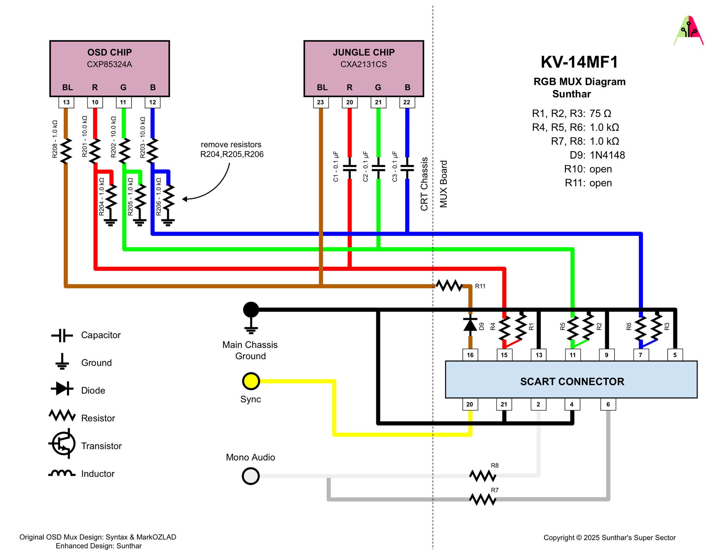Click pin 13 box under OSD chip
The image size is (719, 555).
[x=66, y=102]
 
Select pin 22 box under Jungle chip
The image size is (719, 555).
[x=407, y=102]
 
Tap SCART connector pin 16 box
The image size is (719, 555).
[x=470, y=355]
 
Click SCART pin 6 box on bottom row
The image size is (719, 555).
[x=608, y=404]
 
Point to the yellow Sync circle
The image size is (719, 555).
[x=251, y=381]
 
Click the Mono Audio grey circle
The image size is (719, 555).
[x=251, y=475]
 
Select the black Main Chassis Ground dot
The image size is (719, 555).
[x=251, y=309]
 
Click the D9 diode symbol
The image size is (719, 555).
[x=470, y=325]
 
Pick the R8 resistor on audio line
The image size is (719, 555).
[x=482, y=475]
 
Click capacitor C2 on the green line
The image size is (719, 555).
[x=378, y=168]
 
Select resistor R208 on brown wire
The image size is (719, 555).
[x=66, y=151]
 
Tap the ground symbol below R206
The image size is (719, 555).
[x=168, y=222]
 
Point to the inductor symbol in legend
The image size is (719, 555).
[x=62, y=473]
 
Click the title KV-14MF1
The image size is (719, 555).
[x=579, y=62]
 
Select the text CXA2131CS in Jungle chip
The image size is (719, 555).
[x=363, y=64]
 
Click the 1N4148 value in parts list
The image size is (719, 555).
[x=607, y=155]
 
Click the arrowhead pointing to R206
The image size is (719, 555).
[x=185, y=199]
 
